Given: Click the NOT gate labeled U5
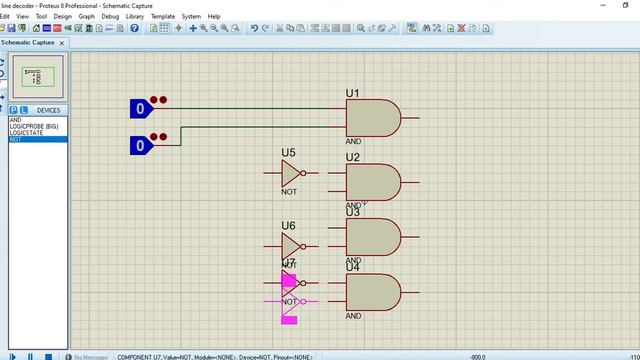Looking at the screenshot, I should click(x=291, y=173).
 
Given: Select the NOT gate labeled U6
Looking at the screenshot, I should click(x=291, y=246).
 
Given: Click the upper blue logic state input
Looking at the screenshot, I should click(x=141, y=108).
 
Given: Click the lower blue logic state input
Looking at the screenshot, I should click(x=141, y=146).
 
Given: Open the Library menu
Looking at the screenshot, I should click(x=134, y=17).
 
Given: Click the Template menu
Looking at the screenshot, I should click(x=163, y=17).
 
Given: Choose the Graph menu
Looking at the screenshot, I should click(x=87, y=17).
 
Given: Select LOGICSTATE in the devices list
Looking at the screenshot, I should click(x=28, y=133).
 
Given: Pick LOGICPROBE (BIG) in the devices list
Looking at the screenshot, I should click(x=34, y=126).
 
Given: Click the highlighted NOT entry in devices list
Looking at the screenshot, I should click(x=15, y=140).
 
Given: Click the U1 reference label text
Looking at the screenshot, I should click(x=353, y=93).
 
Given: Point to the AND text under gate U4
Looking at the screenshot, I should click(x=353, y=316).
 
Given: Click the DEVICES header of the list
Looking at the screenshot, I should click(x=48, y=110).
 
